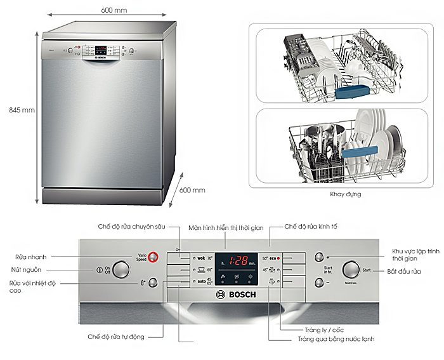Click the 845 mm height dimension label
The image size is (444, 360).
(22, 109)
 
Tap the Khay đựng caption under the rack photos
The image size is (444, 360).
(346, 194)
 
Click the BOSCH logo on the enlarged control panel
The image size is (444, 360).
(239, 295)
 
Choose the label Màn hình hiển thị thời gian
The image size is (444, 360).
(225, 227)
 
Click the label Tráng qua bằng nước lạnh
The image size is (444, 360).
(336, 339)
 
